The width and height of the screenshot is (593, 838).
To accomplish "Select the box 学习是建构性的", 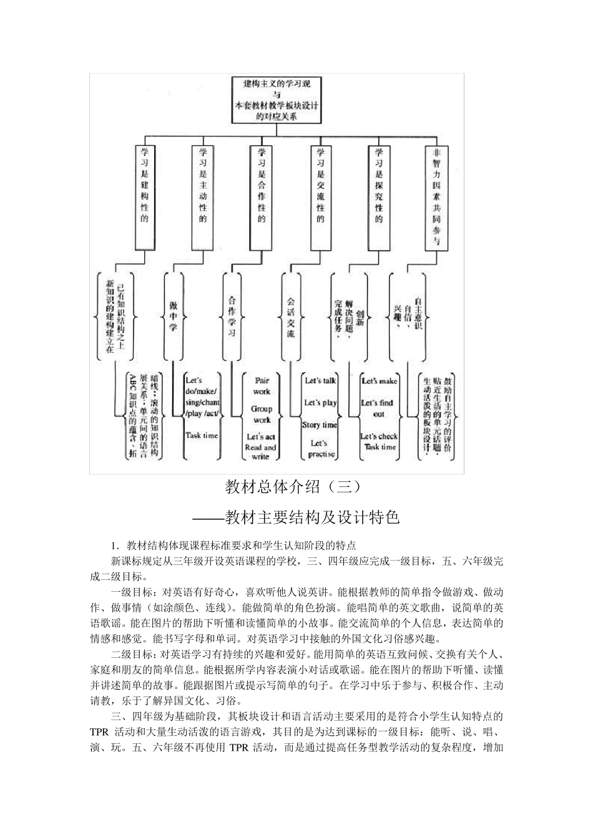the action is (x=145, y=196).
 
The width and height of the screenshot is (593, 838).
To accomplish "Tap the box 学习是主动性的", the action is (x=203, y=196).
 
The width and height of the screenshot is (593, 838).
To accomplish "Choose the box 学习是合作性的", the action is (x=262, y=196).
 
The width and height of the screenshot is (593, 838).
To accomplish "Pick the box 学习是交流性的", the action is (x=320, y=196).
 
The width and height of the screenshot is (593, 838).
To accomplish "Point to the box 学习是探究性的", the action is (x=378, y=196).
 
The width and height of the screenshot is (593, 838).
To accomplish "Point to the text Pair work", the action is (x=262, y=385).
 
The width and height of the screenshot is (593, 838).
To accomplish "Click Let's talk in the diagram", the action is (x=320, y=380).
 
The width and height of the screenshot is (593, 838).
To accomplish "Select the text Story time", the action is (x=320, y=425).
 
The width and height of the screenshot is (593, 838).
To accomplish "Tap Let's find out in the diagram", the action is (x=378, y=408).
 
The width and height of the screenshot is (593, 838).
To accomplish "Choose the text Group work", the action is (x=262, y=415).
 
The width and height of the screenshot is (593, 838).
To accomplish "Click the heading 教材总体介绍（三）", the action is (x=293, y=486).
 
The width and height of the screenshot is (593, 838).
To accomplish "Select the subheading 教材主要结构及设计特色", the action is (x=312, y=517).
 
